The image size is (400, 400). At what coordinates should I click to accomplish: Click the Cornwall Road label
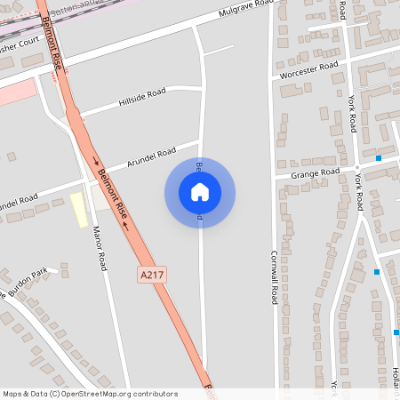(x=274, y=275)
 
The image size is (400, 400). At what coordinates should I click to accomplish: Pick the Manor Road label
(x=100, y=248)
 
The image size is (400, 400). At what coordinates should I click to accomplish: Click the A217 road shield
(x=151, y=276)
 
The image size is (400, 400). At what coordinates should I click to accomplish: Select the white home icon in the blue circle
(x=200, y=191)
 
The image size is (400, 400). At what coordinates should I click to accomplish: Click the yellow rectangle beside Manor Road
(x=79, y=210)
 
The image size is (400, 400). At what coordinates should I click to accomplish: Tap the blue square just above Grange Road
(x=379, y=158)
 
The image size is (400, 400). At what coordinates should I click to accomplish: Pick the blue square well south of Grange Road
(x=377, y=271)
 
